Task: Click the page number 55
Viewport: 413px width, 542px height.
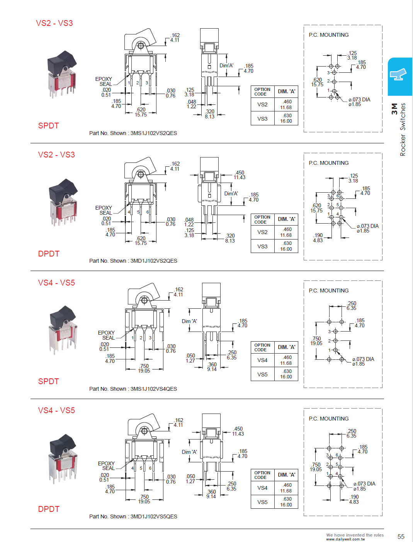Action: point(401,537)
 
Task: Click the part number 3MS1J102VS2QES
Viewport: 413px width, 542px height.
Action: point(153,133)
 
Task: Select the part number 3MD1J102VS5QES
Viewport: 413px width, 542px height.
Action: point(153,516)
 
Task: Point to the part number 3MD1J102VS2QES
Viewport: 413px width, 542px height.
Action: point(153,261)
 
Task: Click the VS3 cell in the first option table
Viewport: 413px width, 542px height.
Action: point(262,118)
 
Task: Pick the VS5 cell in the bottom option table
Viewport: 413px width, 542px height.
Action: point(262,502)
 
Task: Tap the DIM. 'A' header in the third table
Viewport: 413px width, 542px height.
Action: point(286,347)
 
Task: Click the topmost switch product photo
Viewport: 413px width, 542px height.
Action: point(62,74)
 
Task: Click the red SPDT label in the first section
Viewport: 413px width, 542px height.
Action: point(49,126)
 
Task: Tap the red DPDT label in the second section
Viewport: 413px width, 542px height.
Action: point(49,254)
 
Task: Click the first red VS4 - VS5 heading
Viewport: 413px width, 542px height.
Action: point(56,283)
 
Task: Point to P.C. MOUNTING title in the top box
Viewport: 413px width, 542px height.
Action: point(328,35)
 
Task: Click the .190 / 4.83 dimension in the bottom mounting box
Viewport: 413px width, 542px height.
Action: point(354,499)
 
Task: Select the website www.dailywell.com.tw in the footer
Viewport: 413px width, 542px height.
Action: point(345,539)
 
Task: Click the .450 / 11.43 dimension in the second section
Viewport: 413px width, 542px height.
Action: point(240,175)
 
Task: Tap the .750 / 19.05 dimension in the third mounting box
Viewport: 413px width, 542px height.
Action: point(316,341)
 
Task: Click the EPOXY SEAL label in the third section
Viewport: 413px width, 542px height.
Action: point(106,335)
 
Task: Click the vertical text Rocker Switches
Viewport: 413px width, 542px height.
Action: point(403,130)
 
